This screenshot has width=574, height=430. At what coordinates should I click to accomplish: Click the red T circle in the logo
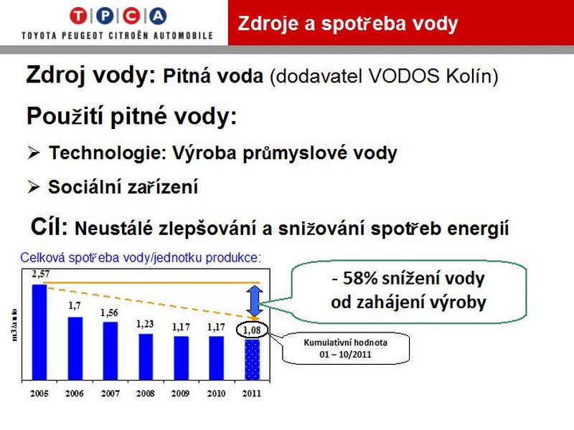(78, 16)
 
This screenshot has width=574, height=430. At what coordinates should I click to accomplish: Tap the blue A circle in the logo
(158, 16)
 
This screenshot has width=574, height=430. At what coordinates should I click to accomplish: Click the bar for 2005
(39, 333)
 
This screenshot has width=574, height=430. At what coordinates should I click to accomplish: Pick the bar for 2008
(146, 357)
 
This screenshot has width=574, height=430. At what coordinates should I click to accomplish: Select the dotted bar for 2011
(252, 360)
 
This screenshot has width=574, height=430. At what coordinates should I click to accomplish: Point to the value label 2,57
(40, 274)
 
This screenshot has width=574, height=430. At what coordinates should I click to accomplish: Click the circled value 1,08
(252, 330)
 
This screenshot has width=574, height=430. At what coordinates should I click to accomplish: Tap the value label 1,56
(109, 312)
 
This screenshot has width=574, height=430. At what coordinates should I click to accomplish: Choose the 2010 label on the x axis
(216, 393)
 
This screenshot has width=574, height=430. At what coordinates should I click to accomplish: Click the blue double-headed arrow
(255, 301)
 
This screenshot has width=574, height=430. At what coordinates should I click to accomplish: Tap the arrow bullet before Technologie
(34, 153)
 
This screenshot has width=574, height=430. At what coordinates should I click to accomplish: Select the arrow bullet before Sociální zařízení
(34, 187)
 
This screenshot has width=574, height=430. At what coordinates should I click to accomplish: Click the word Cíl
(50, 226)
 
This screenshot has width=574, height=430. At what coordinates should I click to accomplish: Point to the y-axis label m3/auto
(14, 325)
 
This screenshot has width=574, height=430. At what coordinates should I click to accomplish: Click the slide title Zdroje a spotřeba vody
(348, 24)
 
